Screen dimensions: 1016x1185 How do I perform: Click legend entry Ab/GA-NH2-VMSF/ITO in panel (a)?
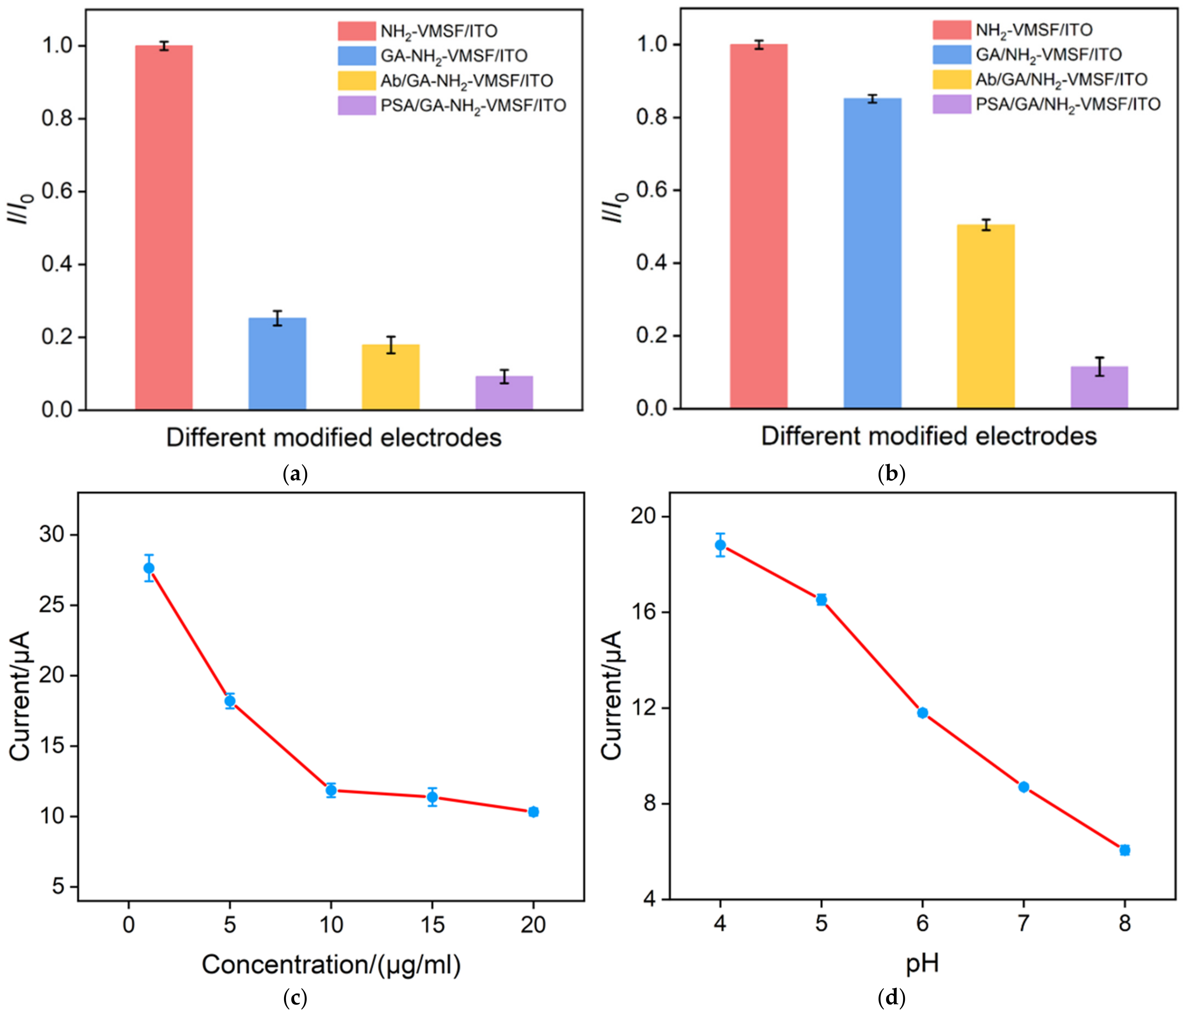tap(466, 81)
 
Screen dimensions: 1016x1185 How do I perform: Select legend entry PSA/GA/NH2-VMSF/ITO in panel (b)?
tap(1067, 104)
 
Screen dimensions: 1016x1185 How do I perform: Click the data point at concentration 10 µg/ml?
tap(331, 790)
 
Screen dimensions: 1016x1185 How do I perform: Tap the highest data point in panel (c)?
tap(149, 568)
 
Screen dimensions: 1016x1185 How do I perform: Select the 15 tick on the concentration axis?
tap(432, 925)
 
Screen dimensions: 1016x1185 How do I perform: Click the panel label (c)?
tap(295, 998)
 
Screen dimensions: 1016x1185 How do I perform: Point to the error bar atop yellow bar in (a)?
tap(391, 345)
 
